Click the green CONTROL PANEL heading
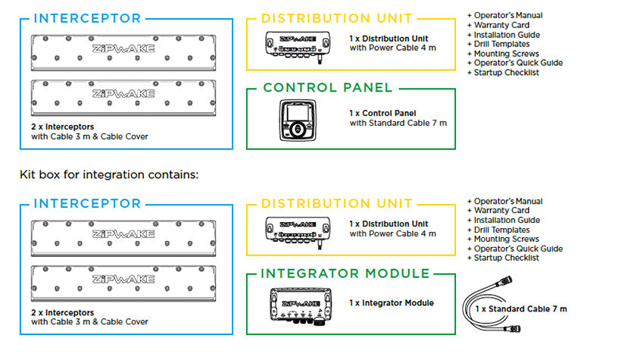[328, 88]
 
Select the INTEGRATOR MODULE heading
[345, 273]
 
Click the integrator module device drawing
[300, 305]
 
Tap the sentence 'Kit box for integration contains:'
[109, 175]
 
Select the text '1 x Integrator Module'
[392, 302]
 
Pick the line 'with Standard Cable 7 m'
[398, 123]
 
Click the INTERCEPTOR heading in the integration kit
[88, 204]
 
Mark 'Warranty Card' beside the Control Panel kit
[501, 25]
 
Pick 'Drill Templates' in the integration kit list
[501, 230]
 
